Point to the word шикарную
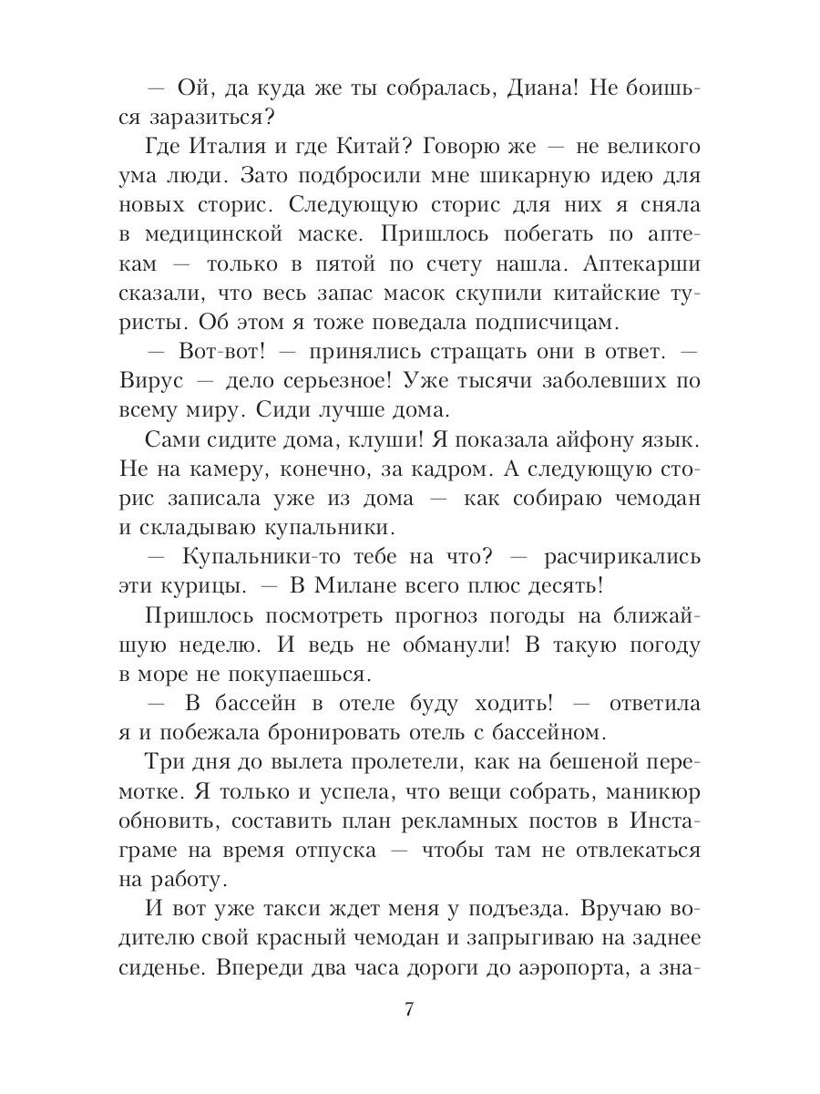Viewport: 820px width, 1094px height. [x=485, y=177]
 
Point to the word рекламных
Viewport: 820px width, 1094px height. [x=473, y=821]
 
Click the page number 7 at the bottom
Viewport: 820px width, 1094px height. [x=409, y=1011]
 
